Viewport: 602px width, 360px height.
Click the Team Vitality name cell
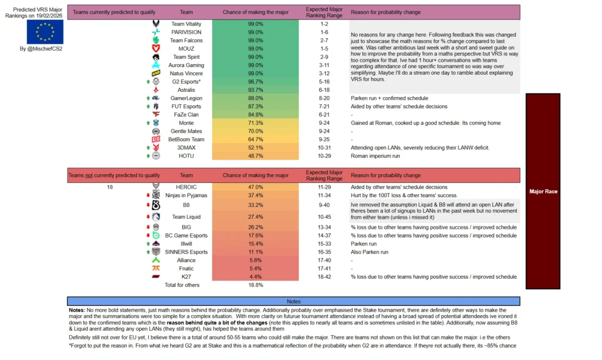point(186,24)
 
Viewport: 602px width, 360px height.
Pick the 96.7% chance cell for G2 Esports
point(255,81)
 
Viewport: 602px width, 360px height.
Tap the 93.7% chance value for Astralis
point(255,89)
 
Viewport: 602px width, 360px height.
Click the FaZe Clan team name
point(186,114)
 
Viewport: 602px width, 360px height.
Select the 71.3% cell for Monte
point(255,122)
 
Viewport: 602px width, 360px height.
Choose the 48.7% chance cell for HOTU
point(255,156)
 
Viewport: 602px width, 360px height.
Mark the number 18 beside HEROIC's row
point(109,186)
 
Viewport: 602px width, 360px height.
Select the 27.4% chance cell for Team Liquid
point(255,217)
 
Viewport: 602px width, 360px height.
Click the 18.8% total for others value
point(255,285)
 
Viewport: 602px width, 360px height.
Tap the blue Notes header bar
point(293,301)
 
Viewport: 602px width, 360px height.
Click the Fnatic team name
point(186,268)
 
